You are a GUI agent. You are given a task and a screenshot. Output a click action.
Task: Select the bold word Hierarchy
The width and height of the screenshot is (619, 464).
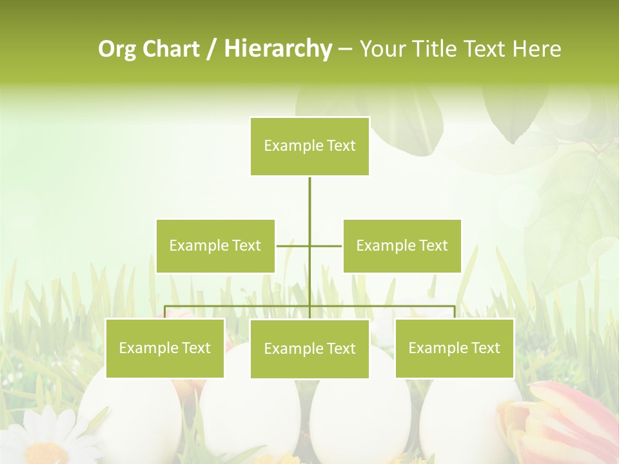(277, 49)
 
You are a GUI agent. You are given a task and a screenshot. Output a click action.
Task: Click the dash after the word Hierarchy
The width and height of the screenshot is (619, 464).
(345, 49)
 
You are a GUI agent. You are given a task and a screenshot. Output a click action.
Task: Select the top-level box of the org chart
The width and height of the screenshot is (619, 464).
(309, 146)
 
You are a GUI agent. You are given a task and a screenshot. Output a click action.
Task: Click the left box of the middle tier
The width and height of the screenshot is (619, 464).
(215, 246)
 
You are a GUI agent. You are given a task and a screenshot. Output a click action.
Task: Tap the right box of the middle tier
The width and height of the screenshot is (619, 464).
(402, 246)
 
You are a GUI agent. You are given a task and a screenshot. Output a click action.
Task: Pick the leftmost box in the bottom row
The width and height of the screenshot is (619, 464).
(164, 348)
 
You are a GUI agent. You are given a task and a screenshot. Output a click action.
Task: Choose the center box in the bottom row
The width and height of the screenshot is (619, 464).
(309, 349)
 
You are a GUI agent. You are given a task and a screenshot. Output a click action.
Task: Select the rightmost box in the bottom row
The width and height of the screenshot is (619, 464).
(454, 348)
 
